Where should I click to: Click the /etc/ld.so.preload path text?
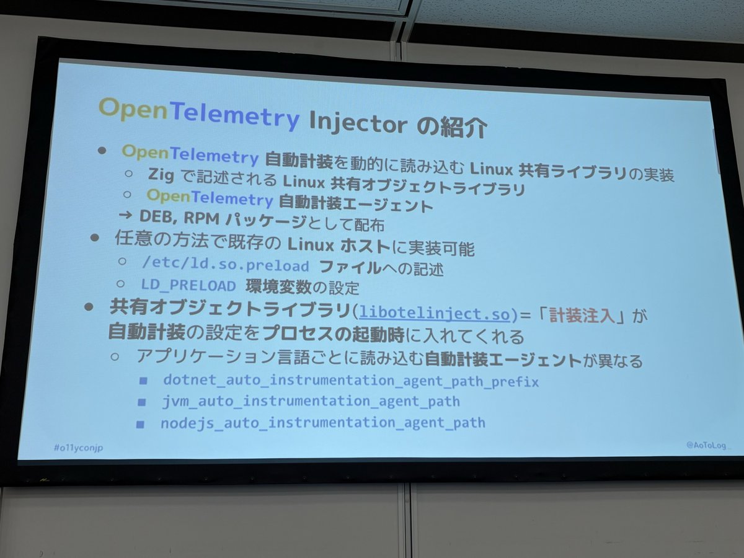pos(225,267)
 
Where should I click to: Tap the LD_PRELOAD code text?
pos(188,286)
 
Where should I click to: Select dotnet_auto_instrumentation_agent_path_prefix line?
pos(350,381)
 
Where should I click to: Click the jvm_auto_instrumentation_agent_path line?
pos(311,402)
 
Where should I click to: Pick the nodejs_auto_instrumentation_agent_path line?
pos(322,423)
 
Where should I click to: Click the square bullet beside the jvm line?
pos(142,402)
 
